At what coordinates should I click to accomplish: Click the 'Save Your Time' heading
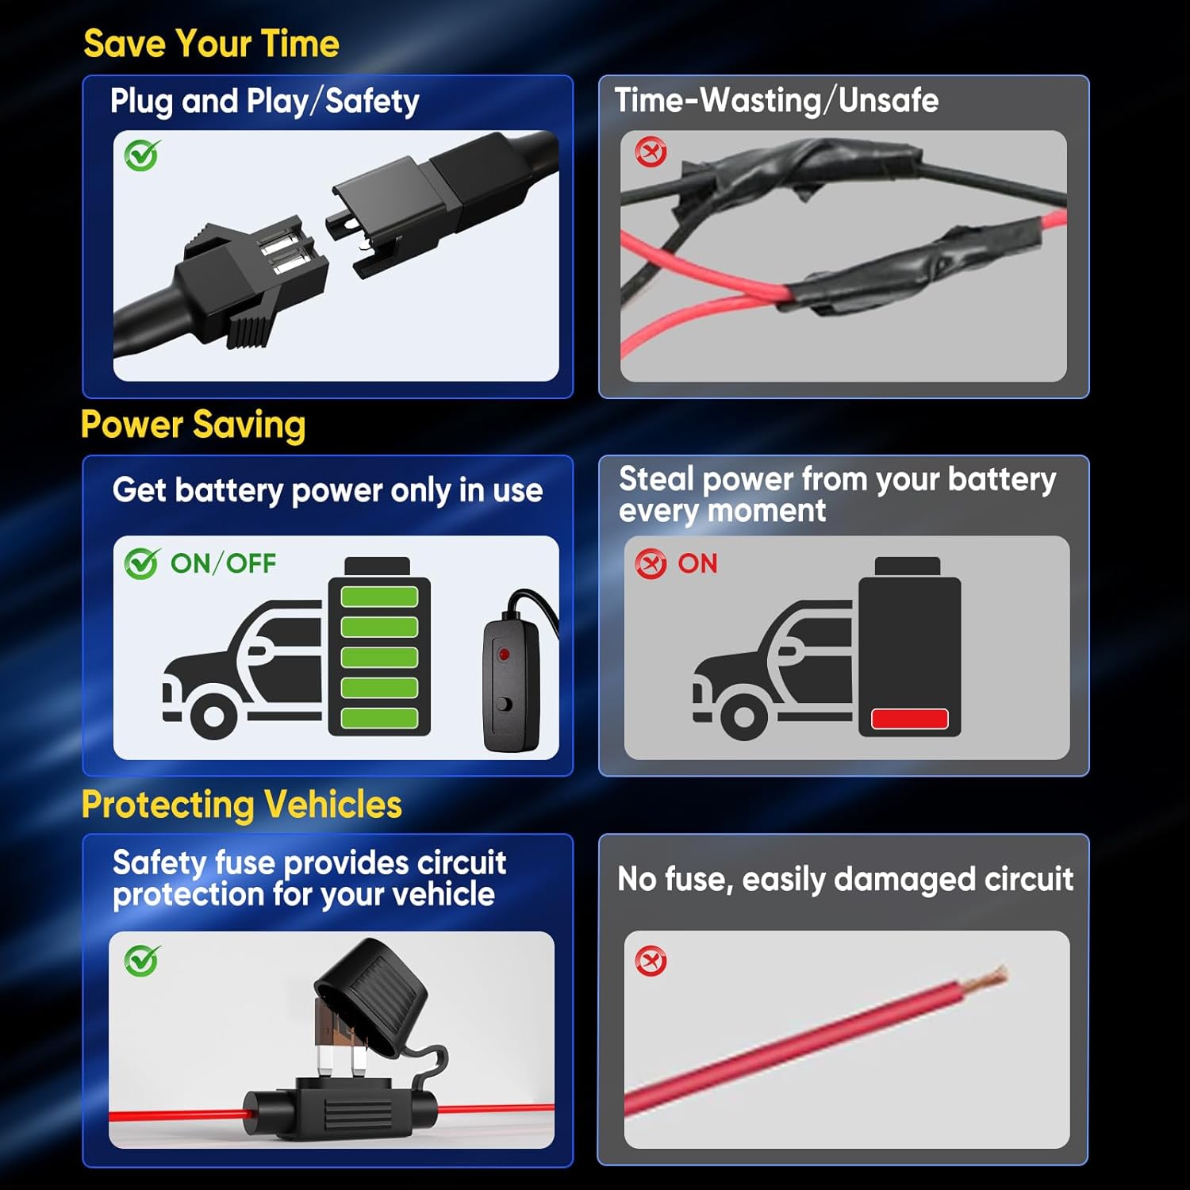211,43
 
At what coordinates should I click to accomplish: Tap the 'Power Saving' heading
193,424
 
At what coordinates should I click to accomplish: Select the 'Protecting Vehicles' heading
242,804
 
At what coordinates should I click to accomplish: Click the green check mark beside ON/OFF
142,563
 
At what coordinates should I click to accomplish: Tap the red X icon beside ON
651,564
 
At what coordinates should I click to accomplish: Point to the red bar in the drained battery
910,719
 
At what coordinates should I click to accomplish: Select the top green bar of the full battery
379,597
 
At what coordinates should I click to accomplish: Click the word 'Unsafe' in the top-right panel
889,101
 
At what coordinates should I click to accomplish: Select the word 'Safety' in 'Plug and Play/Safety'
372,102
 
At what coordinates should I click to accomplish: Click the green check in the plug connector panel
142,155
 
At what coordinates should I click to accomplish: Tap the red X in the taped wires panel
651,152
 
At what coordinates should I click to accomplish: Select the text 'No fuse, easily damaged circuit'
846,879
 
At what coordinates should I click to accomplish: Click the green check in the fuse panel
142,961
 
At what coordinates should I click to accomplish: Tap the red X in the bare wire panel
651,962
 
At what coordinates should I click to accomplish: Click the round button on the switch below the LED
504,704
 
